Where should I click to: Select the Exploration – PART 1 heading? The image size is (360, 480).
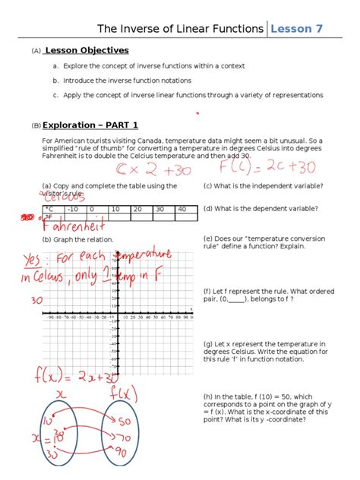[x=90, y=125]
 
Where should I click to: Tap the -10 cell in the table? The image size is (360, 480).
[x=73, y=208]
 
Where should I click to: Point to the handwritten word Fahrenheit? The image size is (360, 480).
[x=72, y=226]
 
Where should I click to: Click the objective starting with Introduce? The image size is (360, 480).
[x=127, y=80]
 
